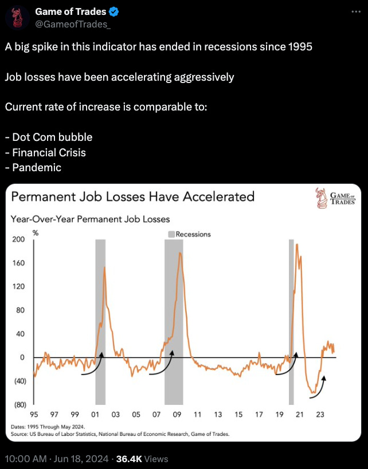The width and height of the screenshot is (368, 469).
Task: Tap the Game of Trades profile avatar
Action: tap(17, 17)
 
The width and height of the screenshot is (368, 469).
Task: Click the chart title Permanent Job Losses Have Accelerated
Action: tap(132, 197)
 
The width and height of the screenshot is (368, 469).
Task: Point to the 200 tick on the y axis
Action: tap(18, 239)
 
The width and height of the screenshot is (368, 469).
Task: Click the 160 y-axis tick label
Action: tap(18, 263)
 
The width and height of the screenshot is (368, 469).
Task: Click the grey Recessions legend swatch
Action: tap(171, 234)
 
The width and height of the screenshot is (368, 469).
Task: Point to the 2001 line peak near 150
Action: tap(104, 267)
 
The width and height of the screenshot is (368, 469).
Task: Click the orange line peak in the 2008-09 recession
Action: tap(180, 253)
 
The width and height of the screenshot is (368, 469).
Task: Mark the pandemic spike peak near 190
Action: tap(297, 245)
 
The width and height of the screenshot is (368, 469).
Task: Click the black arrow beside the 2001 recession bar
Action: tap(92, 366)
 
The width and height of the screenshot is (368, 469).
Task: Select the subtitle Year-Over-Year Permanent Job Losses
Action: tap(90, 219)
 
